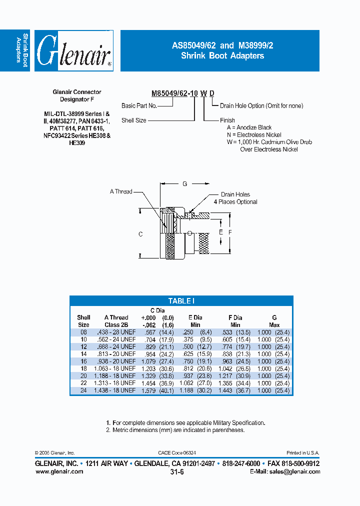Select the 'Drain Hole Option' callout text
(x=261, y=106)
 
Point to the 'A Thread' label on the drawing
(x=121, y=191)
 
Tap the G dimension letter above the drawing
(x=184, y=184)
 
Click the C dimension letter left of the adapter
(x=141, y=234)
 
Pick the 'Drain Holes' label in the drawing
(x=235, y=194)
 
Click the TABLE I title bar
(x=181, y=301)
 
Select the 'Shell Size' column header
(x=83, y=321)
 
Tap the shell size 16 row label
(x=83, y=361)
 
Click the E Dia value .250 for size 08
(x=187, y=332)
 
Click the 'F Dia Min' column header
(x=234, y=321)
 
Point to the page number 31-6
(x=177, y=472)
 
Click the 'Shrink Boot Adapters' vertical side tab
(x=22, y=50)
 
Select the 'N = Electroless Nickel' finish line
(x=254, y=135)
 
